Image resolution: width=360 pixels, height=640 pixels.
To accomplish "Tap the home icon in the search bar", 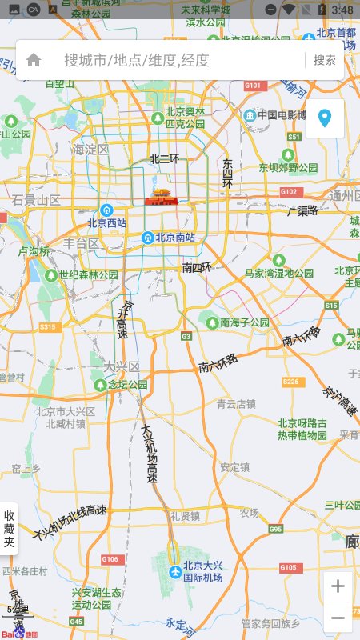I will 34,60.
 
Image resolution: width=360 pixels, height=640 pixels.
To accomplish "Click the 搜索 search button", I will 325,60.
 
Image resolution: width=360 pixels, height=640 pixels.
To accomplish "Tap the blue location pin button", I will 325,119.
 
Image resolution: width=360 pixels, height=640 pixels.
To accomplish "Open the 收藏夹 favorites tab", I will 10,529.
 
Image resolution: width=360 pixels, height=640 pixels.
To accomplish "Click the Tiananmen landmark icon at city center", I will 160,198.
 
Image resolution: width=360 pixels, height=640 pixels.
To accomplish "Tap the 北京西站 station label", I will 107,223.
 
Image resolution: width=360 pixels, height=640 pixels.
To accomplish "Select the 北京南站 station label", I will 174,238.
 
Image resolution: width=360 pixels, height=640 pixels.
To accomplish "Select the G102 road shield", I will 289,192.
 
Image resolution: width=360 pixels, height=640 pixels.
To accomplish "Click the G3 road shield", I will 186,337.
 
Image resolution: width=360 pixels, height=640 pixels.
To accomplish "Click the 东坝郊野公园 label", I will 289,168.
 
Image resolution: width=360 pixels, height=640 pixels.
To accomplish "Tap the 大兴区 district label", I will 122,366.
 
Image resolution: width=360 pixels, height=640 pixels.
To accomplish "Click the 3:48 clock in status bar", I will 342,9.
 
